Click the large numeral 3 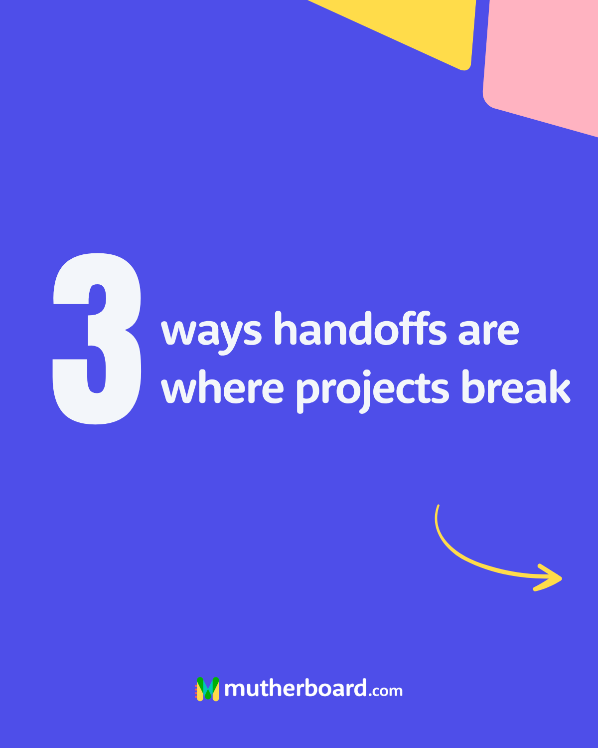click(97, 339)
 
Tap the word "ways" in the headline click(211, 333)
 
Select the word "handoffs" click(360, 328)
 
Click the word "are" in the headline click(488, 333)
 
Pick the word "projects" click(372, 391)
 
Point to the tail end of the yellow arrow click(438, 506)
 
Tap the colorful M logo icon click(208, 689)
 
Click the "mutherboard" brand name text click(296, 687)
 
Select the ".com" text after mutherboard click(385, 691)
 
